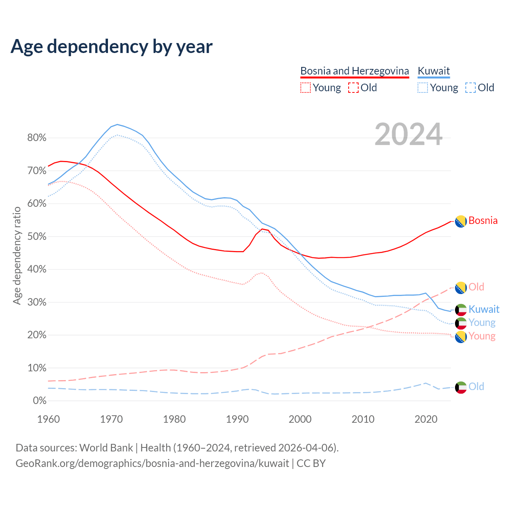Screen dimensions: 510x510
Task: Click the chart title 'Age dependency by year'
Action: coord(112,47)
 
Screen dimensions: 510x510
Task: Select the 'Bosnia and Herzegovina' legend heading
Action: coord(355,71)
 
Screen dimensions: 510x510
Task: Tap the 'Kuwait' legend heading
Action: coord(433,71)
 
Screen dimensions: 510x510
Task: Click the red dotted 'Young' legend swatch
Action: coord(305,88)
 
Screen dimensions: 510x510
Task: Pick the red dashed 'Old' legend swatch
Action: coord(353,88)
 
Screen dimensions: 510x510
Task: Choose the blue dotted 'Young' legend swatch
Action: coord(423,88)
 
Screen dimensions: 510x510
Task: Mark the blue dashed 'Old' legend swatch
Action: coord(470,88)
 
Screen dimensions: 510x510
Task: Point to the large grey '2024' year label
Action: coord(408,134)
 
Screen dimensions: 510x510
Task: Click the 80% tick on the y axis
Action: coord(37,138)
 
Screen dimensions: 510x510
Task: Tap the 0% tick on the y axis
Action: coord(39,401)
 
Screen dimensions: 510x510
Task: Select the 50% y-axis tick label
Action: coord(37,237)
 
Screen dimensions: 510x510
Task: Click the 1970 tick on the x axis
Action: coord(111,419)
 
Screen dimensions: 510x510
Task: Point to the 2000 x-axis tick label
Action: coord(300,419)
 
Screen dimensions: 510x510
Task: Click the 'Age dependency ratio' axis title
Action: coord(17,255)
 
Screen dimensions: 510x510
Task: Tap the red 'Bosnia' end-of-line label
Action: coord(483,221)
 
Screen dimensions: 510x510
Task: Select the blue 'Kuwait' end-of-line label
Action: coord(484,309)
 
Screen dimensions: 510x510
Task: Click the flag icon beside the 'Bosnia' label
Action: coord(461,221)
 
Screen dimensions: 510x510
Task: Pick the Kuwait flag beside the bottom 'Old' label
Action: coord(461,387)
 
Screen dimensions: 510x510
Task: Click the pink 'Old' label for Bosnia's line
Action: coord(476,287)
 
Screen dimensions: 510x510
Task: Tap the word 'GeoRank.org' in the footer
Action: coord(42,463)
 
